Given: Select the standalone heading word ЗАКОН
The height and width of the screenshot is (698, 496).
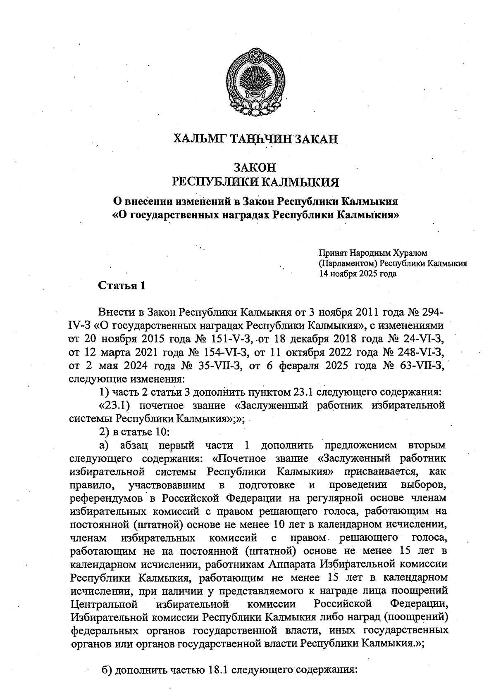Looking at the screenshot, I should pos(255,168).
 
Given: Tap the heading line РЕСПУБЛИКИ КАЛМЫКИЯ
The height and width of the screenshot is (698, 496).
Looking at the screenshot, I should pos(255,182).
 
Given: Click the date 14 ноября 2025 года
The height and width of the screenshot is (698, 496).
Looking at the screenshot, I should pos(357,273).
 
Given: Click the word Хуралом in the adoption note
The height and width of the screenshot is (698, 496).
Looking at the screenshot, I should pos(409,252).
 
